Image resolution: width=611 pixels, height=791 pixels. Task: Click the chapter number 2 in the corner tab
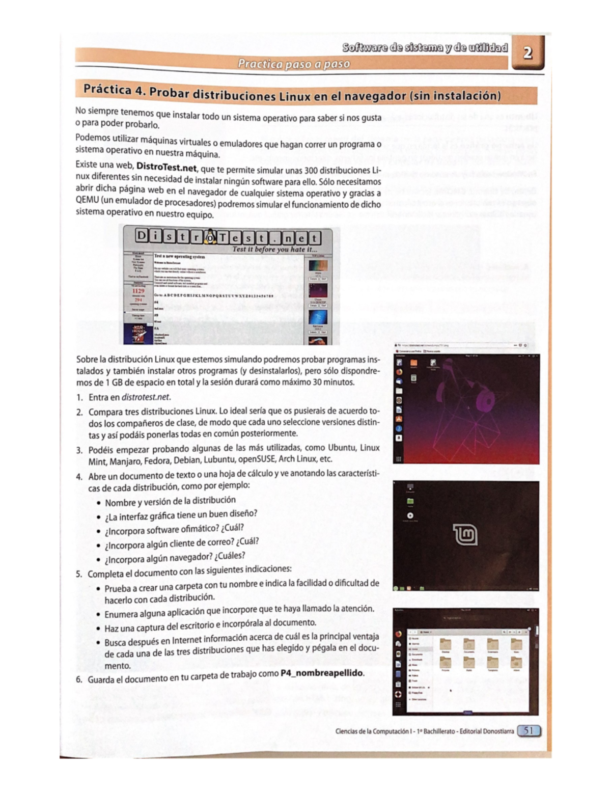528,52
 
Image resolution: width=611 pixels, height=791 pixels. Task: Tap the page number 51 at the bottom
529,731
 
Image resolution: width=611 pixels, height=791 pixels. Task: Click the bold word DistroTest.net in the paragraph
165,167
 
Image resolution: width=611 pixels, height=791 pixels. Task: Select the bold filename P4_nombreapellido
322,673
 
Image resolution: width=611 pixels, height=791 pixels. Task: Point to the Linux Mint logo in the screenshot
465,534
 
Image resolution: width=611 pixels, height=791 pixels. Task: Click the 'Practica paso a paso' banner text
294,64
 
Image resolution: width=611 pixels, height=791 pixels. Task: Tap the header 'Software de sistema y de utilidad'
425,48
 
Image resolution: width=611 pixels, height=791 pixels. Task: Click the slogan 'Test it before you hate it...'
274,250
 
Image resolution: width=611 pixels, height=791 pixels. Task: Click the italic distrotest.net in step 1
146,397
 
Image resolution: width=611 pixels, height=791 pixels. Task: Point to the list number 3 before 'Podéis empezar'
79,450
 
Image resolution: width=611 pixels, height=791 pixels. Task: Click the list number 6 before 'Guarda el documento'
79,679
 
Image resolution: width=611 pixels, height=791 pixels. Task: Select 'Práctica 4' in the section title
113,90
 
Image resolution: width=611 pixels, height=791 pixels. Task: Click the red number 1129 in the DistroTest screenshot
138,291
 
